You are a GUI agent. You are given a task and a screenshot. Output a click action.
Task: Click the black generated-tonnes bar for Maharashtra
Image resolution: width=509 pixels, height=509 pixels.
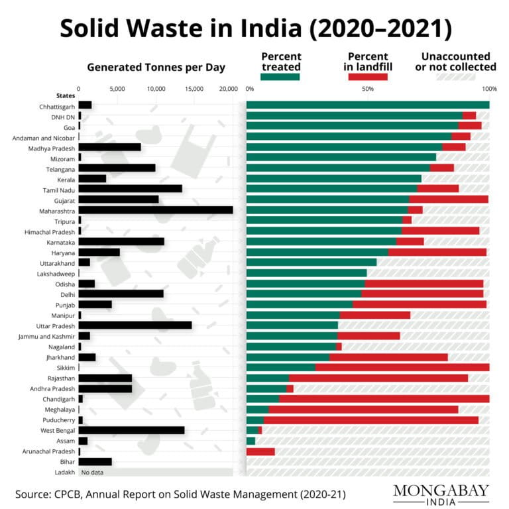pyautogui.click(x=155, y=210)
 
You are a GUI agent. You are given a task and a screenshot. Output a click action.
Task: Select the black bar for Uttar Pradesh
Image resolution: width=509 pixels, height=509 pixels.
pyautogui.click(x=135, y=325)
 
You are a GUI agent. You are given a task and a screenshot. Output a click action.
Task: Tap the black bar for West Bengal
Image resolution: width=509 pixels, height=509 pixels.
pyautogui.click(x=131, y=430)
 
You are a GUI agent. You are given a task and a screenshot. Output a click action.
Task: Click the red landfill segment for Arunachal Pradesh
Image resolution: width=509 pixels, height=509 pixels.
pyautogui.click(x=260, y=451)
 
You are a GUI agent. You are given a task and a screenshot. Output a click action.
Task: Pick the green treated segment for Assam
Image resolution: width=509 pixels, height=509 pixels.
pyautogui.click(x=251, y=441)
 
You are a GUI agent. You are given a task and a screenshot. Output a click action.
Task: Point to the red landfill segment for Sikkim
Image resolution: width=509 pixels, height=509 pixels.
pyautogui.click(x=402, y=367)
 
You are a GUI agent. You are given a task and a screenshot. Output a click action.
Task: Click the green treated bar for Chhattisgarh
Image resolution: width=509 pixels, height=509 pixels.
pyautogui.click(x=367, y=105)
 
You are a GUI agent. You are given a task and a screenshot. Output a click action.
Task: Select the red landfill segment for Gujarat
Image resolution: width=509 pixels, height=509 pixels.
pyautogui.click(x=449, y=199)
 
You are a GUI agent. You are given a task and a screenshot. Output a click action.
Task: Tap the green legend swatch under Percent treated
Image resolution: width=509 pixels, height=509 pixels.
pyautogui.click(x=280, y=77)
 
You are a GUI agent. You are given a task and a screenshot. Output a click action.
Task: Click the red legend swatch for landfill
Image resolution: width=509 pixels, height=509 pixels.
pyautogui.click(x=368, y=77)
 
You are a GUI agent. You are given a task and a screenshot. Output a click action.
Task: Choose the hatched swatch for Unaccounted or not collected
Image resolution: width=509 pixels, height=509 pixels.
pyautogui.click(x=455, y=77)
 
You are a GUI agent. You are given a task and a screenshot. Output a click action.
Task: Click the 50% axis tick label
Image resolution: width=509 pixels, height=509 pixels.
pyautogui.click(x=368, y=88)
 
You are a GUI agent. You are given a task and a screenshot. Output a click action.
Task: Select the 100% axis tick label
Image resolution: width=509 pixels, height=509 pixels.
pyautogui.click(x=489, y=88)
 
